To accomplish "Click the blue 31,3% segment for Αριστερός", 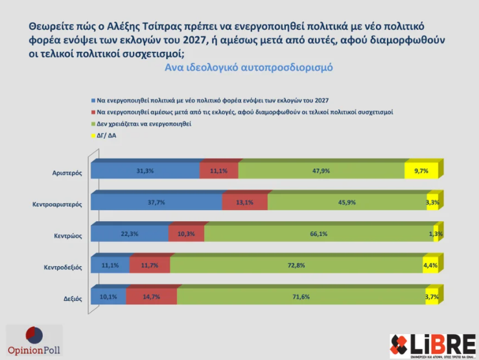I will click(x=145, y=171).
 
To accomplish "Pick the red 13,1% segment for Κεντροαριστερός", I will click(x=244, y=202).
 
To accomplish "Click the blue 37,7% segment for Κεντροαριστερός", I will click(x=156, y=202).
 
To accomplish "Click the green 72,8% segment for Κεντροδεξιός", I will click(x=296, y=265).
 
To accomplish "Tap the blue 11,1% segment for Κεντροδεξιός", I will click(x=110, y=265).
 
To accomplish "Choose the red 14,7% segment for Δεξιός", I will click(x=151, y=296).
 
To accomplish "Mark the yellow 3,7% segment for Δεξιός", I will click(x=431, y=296).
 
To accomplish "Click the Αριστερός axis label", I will click(x=67, y=172).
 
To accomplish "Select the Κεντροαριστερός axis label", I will click(x=56, y=204).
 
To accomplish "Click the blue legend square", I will click(x=93, y=101).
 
